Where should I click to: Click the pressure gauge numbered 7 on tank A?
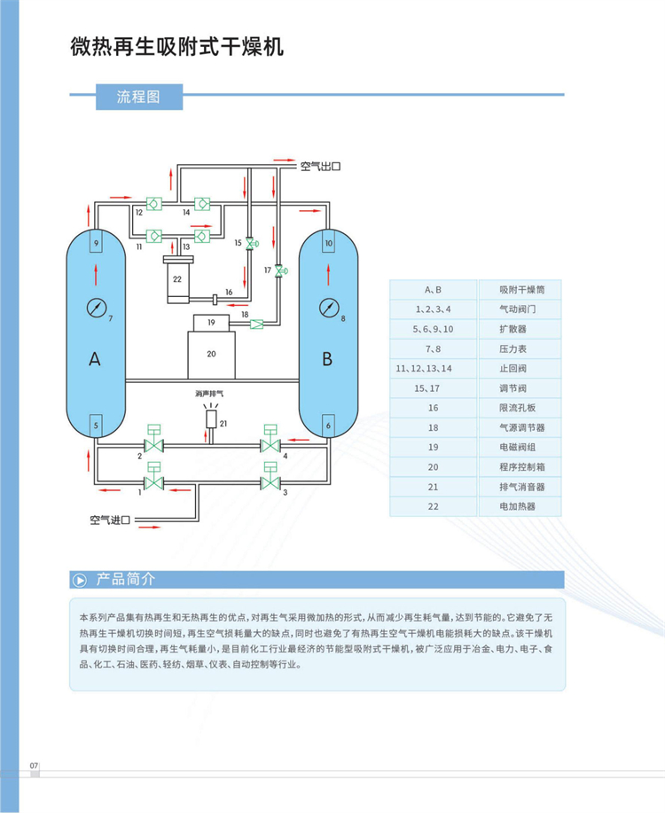pos(96,308)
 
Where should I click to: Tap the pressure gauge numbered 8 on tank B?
pos(328,308)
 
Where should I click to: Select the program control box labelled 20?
pos(211,353)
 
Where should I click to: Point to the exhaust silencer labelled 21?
pos(211,418)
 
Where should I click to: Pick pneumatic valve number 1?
pos(155,483)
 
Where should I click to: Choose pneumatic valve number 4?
pos(270,444)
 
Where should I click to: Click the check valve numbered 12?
pos(153,204)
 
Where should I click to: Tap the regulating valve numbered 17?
pos(280,270)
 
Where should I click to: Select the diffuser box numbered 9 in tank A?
pos(96,242)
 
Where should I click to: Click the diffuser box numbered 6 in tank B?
pos(328,426)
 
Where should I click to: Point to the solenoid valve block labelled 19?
pos(211,323)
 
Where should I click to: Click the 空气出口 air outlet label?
pos(320,166)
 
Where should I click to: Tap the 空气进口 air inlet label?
pos(110,520)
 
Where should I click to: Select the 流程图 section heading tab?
pos(137,97)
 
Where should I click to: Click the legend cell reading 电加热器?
pos(518,506)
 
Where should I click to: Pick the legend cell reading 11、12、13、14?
pos(433,367)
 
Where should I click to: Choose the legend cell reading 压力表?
pos(518,348)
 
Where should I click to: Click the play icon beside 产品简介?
pos(80,580)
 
